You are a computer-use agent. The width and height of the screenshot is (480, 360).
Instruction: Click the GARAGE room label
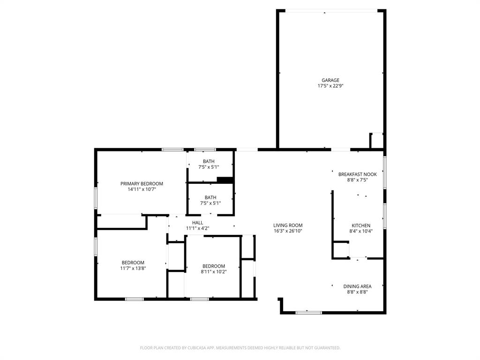point(330,80)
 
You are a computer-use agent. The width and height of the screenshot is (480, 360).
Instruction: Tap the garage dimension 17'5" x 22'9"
point(330,86)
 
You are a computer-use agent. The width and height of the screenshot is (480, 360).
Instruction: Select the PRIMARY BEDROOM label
point(142,184)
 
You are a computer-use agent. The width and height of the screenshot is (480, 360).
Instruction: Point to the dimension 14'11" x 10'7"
point(142,190)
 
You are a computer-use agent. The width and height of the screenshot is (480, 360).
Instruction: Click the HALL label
point(197,223)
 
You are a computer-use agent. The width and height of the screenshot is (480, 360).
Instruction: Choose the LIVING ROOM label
point(288,225)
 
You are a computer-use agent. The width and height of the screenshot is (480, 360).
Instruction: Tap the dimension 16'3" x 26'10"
point(288,231)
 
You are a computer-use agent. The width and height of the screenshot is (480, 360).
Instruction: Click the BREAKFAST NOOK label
point(357,174)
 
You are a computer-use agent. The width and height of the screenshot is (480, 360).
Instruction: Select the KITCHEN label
point(361,225)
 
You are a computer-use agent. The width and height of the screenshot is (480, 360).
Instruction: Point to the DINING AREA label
point(357,286)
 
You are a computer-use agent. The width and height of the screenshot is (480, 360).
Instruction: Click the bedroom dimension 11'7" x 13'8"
point(133,269)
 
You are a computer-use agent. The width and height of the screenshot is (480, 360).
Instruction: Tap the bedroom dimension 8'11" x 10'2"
point(214,272)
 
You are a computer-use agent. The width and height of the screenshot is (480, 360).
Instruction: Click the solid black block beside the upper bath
point(225,180)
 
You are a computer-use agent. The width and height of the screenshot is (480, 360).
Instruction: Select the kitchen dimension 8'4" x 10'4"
point(361,231)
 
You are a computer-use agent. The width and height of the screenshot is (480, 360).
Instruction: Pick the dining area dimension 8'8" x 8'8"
point(357,292)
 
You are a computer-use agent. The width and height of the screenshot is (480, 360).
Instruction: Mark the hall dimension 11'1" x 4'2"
point(197,229)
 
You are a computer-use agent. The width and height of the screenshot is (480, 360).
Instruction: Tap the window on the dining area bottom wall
point(309,312)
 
